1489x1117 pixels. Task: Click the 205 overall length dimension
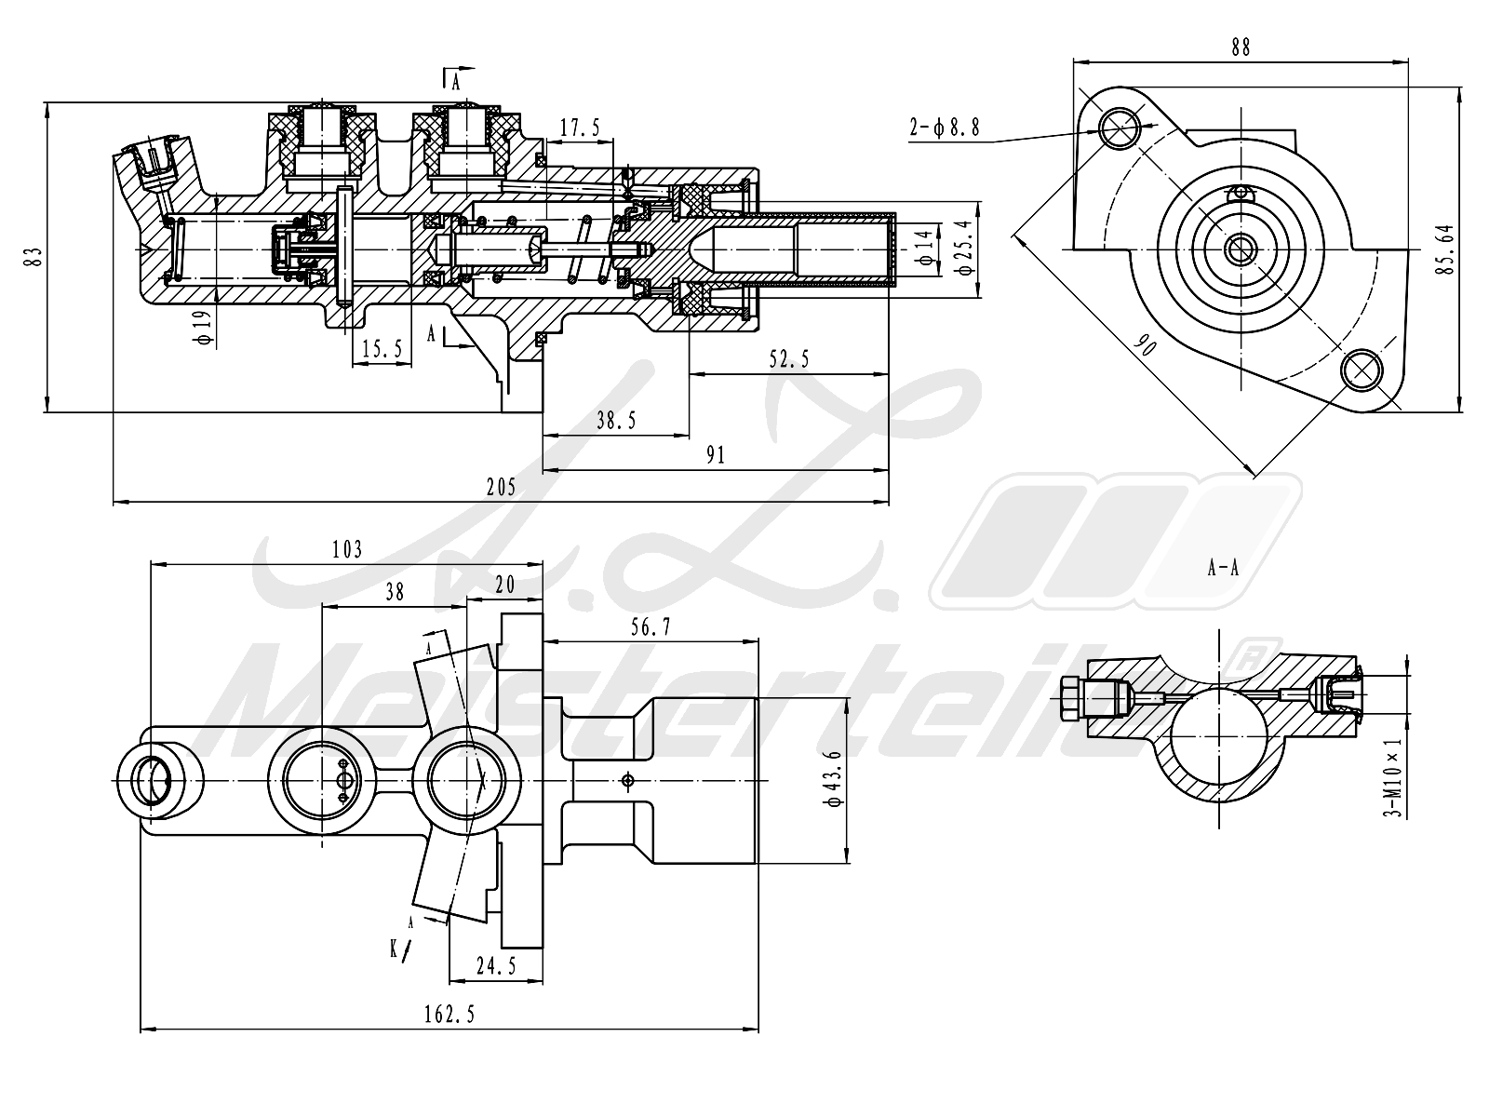coord(500,487)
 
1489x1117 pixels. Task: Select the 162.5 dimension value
coord(449,1014)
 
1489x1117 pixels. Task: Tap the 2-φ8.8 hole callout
coord(945,128)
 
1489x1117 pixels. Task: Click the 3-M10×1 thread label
coord(1392,778)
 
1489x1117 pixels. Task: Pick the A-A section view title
coord(1223,568)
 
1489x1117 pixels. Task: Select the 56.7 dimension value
coord(650,627)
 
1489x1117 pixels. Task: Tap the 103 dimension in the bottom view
coord(346,549)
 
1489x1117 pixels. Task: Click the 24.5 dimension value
coord(495,966)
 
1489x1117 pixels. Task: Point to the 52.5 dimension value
coord(789,359)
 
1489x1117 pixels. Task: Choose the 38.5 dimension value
coord(616,421)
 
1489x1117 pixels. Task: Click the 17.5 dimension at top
coord(581,128)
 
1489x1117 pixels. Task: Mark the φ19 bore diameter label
coord(204,327)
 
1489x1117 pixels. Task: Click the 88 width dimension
coord(1240,47)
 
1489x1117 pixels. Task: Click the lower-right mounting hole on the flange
coord(1361,370)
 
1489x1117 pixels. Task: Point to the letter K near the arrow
coord(395,949)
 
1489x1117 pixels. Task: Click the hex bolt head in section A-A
coord(1071,697)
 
